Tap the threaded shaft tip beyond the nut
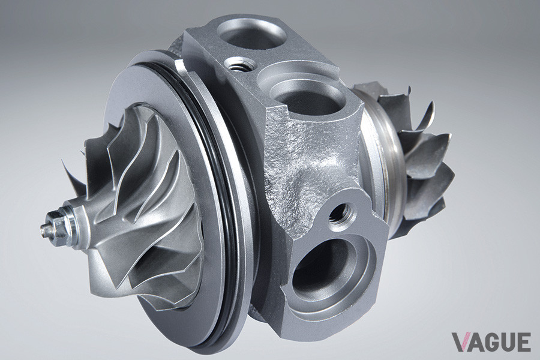(x=44, y=227)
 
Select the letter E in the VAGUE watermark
(x=523, y=342)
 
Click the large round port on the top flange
(x=252, y=34)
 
